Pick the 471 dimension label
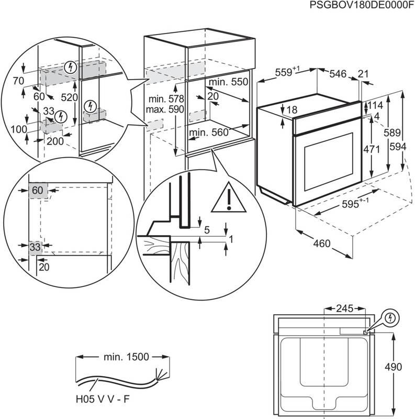(372, 149)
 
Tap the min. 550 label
(228, 83)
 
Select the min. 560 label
(209, 133)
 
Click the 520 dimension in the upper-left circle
(70, 97)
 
